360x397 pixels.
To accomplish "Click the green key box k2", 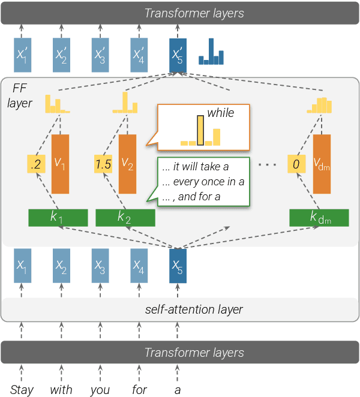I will [125, 218].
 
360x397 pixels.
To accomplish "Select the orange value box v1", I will [60, 164].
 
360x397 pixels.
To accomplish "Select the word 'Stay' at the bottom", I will [22, 390].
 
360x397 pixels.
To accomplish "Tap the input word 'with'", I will [61, 390].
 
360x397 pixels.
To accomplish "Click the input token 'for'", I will [139, 390].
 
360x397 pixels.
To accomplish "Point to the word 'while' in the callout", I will [220, 113].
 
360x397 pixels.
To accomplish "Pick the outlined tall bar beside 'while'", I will [201, 131].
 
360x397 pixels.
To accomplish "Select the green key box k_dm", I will [319, 218].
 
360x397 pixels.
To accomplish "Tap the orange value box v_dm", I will [321, 164].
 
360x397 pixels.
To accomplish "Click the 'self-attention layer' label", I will [194, 309].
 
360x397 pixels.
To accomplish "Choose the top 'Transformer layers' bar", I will [180, 13].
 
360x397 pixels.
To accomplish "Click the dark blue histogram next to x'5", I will [211, 53].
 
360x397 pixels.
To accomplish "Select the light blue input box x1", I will [22, 266].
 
